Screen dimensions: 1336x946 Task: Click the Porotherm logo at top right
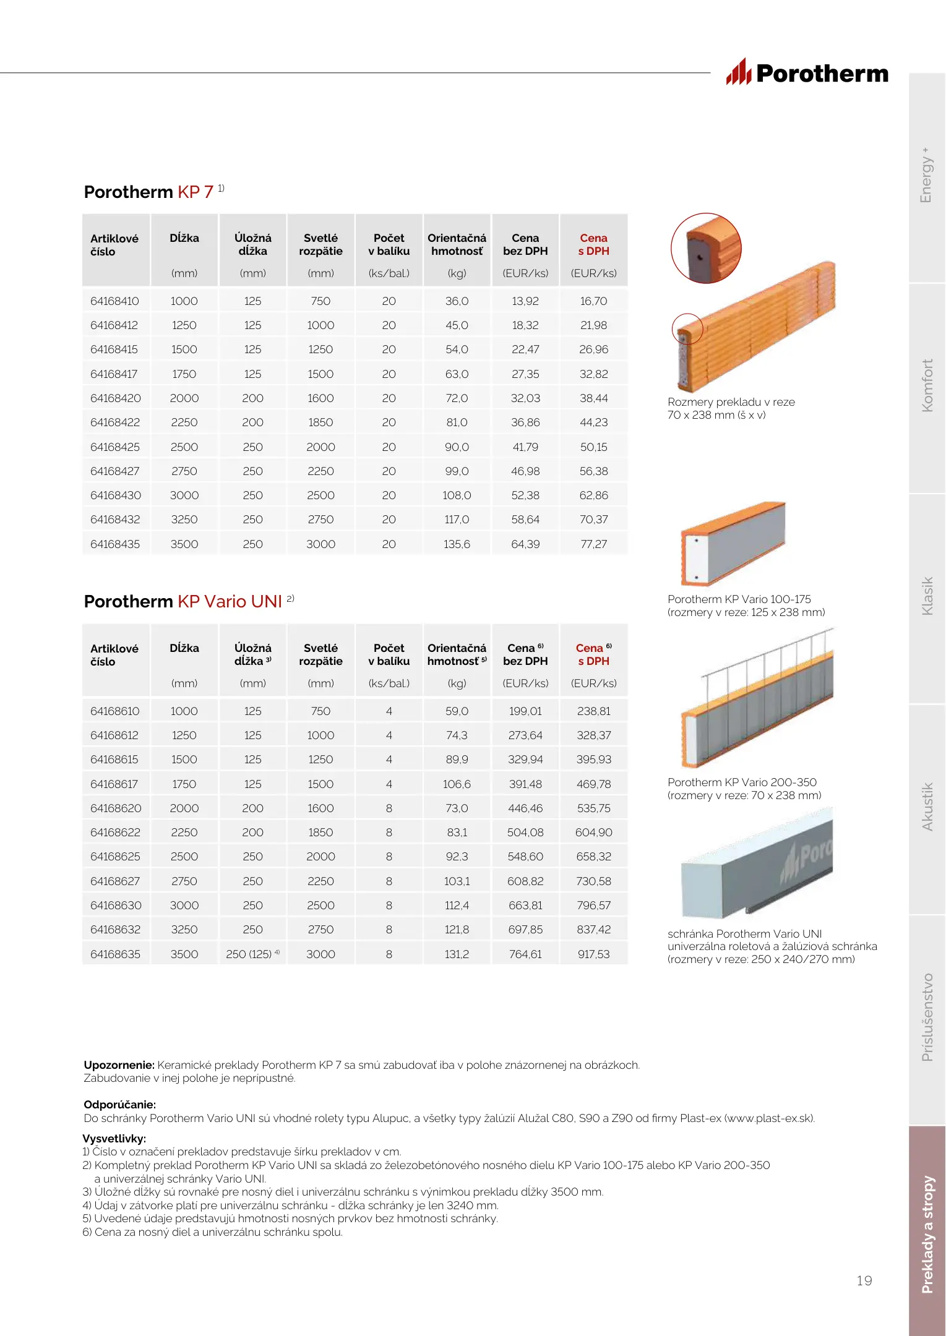click(x=807, y=73)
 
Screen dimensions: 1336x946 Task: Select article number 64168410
click(x=114, y=301)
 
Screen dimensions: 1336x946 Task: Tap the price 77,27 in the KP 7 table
click(x=593, y=544)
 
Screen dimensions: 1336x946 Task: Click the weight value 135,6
click(x=457, y=544)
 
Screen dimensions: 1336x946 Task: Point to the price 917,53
click(x=593, y=954)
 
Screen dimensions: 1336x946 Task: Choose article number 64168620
click(x=116, y=808)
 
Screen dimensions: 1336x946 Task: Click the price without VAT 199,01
click(x=525, y=711)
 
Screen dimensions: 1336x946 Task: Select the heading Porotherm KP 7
click(x=149, y=192)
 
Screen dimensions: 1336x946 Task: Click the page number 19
click(x=864, y=1281)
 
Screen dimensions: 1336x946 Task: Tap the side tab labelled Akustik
click(x=927, y=807)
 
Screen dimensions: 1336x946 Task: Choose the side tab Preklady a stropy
click(x=927, y=1234)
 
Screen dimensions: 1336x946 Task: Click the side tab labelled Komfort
click(x=927, y=386)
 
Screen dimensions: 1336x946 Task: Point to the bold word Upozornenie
click(x=119, y=1065)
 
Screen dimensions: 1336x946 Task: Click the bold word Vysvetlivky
click(x=114, y=1139)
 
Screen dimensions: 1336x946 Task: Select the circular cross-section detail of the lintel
click(x=706, y=248)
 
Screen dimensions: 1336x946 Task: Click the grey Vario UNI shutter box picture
click(x=757, y=863)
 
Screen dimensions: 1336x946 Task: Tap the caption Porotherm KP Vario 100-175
click(x=739, y=599)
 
